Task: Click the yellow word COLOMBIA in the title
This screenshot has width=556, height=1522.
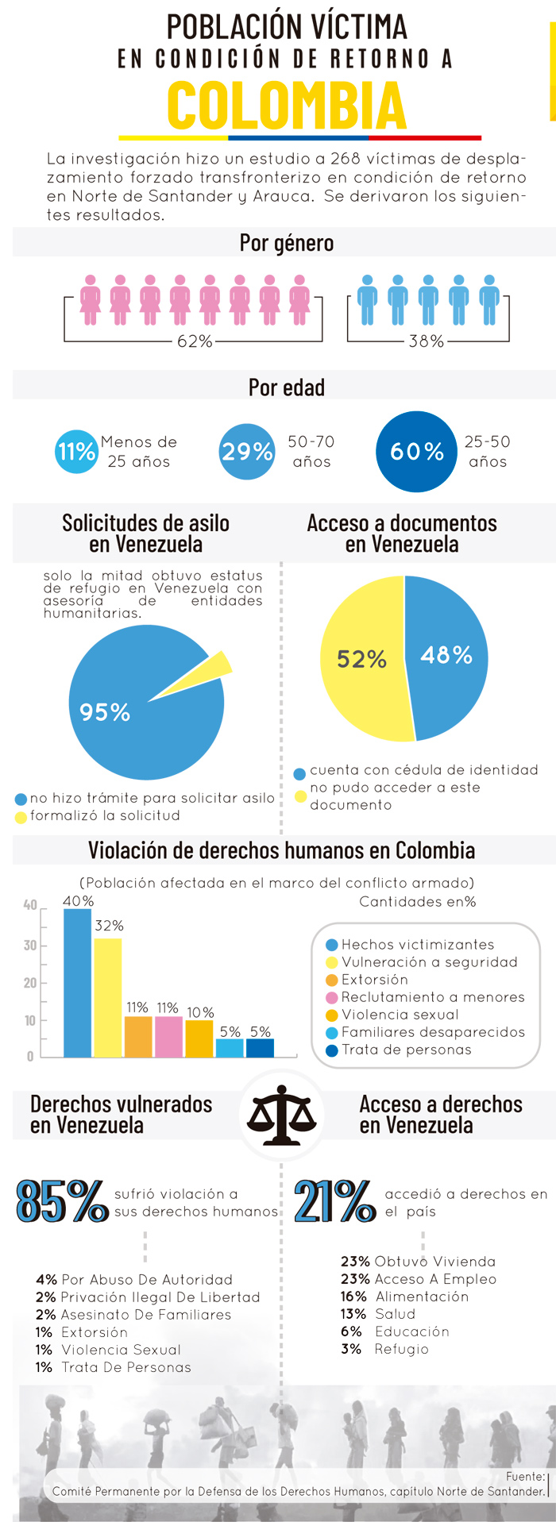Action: pyautogui.click(x=286, y=106)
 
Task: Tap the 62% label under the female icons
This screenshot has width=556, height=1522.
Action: pyautogui.click(x=195, y=341)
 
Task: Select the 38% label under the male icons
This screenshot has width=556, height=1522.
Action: pyautogui.click(x=427, y=341)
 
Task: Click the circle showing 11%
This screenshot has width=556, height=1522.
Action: pyautogui.click(x=76, y=452)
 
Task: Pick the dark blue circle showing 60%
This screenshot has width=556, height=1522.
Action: pyautogui.click(x=416, y=452)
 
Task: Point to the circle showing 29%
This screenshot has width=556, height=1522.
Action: pyautogui.click(x=246, y=452)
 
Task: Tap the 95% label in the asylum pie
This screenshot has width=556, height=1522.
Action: pyautogui.click(x=105, y=712)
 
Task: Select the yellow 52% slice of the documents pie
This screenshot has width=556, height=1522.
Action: pyautogui.click(x=361, y=659)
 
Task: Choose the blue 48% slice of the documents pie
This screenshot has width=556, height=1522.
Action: pyautogui.click(x=446, y=655)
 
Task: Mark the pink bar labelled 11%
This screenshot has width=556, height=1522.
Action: pyautogui.click(x=168, y=1036)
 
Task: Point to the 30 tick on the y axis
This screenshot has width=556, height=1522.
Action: pyautogui.click(x=30, y=945)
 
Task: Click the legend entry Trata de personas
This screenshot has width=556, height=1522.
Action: pyautogui.click(x=406, y=1050)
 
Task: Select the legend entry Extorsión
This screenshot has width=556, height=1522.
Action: pyautogui.click(x=374, y=980)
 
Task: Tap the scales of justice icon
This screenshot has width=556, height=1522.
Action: pyautogui.click(x=281, y=1115)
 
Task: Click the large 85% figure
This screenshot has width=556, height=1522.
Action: pyautogui.click(x=62, y=1201)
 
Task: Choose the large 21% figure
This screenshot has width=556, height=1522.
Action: pyautogui.click(x=334, y=1201)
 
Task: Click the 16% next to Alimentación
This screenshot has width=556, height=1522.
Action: pyautogui.click(x=353, y=1297)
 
